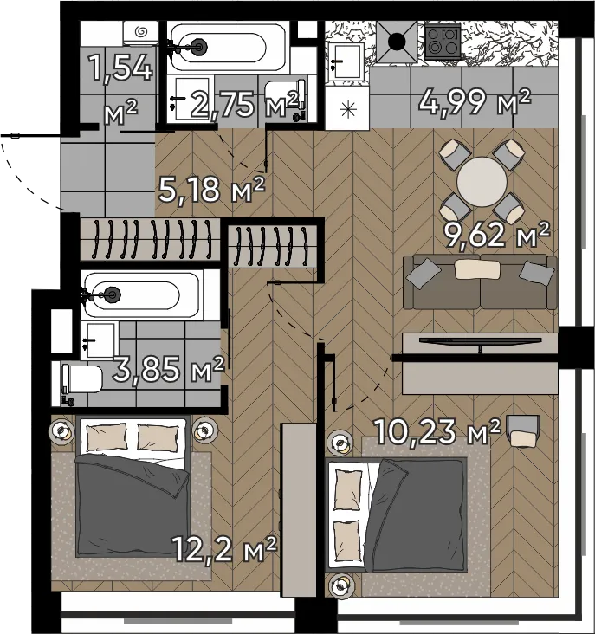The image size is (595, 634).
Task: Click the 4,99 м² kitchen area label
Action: (x=474, y=103)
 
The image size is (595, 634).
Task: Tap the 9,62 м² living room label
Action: (x=497, y=234)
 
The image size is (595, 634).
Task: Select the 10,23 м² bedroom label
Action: (x=438, y=432)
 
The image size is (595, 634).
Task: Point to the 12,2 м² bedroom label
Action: (x=224, y=548)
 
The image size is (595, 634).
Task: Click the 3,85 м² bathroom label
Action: (x=168, y=369)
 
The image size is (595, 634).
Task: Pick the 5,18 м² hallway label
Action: (x=211, y=189)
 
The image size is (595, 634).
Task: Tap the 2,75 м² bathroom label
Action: (x=244, y=104)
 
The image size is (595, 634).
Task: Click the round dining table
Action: (x=482, y=182)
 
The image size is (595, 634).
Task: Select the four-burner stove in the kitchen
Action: (x=443, y=42)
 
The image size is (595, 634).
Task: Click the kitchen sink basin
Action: (x=345, y=61)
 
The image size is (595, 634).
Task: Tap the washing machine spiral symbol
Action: (x=141, y=31)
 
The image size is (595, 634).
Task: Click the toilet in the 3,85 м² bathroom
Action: (x=81, y=378)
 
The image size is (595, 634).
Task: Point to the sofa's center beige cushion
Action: (x=477, y=269)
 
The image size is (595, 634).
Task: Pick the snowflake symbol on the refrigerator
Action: (x=347, y=110)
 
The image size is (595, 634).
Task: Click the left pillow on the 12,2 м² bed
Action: (x=107, y=437)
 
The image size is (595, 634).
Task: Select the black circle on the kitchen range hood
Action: (x=397, y=42)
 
